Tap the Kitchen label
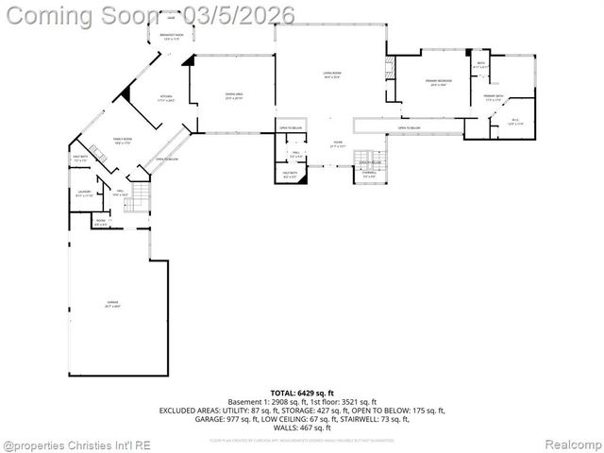(x=166, y=97)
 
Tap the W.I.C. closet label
(x=515, y=121)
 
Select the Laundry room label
(x=84, y=193)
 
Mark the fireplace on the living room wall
(x=389, y=72)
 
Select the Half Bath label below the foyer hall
(x=290, y=174)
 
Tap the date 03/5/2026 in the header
(x=242, y=16)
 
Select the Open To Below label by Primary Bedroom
(x=409, y=127)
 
